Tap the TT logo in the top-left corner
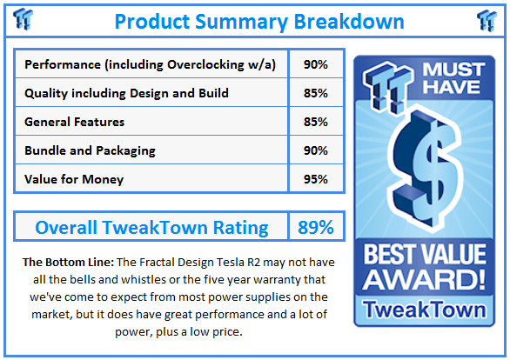24,20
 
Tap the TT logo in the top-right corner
487,20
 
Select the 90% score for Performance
316,64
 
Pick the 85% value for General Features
316,122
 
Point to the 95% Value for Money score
316,179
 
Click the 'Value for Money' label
74,179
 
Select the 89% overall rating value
315,228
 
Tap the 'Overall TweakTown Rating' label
151,228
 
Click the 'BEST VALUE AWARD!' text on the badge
425,267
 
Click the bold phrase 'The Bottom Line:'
65,262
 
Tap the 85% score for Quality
316,93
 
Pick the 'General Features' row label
75,122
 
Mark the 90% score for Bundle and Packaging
316,150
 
